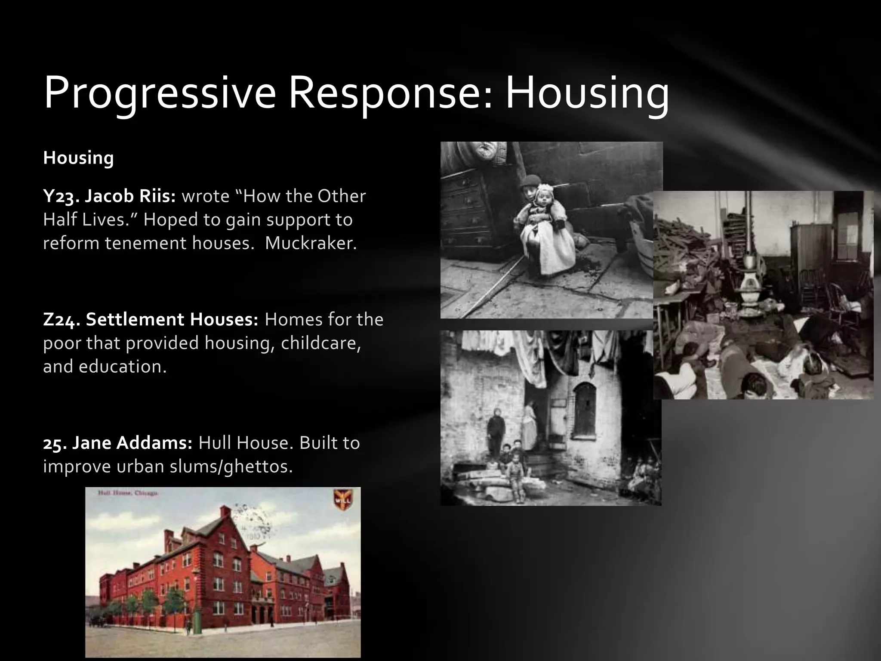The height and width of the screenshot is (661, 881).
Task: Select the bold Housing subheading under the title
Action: click(78, 158)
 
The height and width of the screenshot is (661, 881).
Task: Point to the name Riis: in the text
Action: click(157, 196)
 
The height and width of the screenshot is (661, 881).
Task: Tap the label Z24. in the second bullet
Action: click(62, 319)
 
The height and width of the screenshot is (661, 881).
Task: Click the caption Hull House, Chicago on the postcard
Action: click(128, 493)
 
